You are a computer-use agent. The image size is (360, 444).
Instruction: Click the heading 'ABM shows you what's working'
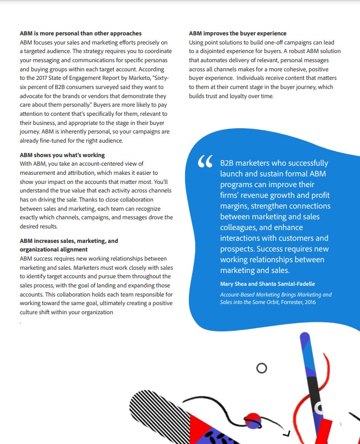(62, 156)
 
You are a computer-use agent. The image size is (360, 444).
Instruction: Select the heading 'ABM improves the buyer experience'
(238, 33)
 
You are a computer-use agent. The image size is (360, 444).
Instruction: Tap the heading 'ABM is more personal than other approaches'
(80, 33)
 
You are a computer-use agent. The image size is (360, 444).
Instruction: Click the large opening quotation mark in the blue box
(205, 162)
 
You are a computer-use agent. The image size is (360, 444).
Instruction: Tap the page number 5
(340, 424)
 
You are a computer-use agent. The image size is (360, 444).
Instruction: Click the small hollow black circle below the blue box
(262, 368)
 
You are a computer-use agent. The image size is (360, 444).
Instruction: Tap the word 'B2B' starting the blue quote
(229, 163)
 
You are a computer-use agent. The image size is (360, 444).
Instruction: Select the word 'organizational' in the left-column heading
(44, 249)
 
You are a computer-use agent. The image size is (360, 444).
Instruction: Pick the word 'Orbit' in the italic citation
(265, 302)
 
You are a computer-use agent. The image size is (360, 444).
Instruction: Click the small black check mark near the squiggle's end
(288, 432)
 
